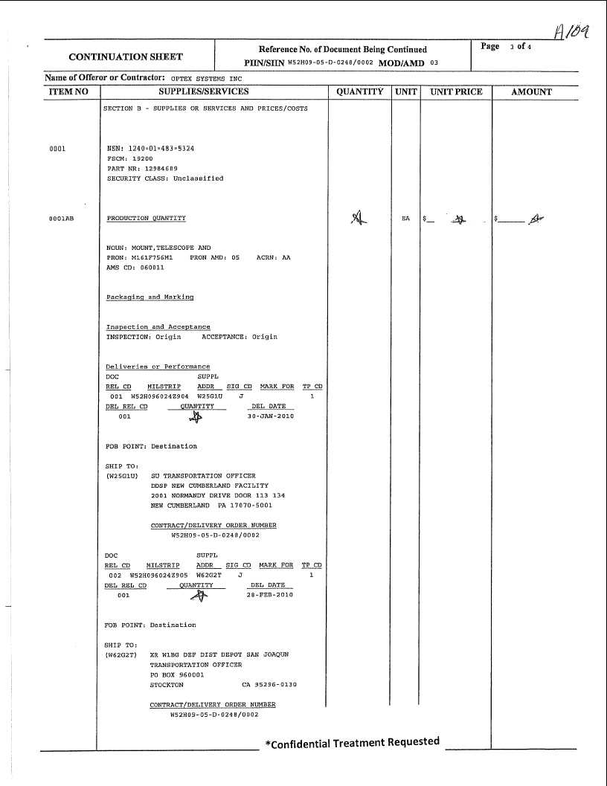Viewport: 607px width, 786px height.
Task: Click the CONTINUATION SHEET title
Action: point(126,57)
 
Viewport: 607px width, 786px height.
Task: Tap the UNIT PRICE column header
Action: point(456,92)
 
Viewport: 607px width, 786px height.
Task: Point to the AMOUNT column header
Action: point(532,92)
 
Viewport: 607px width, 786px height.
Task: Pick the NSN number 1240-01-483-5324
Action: point(151,149)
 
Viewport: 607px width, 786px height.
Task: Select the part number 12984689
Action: point(161,169)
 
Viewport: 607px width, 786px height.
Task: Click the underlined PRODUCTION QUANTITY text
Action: point(147,219)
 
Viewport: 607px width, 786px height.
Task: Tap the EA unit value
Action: point(405,219)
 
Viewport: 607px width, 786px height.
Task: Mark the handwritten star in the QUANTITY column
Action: point(359,217)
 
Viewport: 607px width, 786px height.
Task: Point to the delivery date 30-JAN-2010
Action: point(270,416)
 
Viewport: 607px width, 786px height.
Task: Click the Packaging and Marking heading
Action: point(150,297)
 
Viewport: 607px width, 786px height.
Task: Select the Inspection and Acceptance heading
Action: point(158,327)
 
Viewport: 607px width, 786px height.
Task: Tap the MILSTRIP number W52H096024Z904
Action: point(160,396)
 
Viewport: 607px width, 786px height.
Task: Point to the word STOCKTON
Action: point(167,685)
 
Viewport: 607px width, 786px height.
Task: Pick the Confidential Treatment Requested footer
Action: point(352,743)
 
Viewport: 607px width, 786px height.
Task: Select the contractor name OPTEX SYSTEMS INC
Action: point(206,77)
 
